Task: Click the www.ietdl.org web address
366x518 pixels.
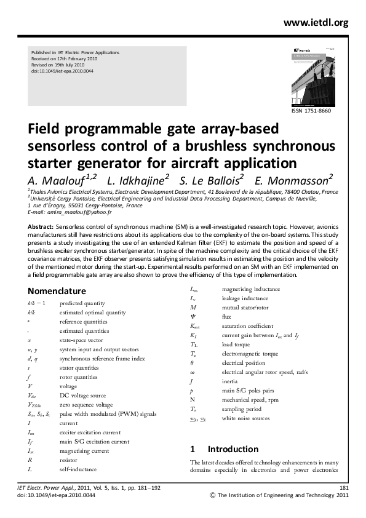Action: coord(316,23)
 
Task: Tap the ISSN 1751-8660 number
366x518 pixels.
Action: coord(311,110)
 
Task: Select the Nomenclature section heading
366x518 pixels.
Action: coord(61,290)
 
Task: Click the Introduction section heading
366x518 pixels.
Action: coord(233,449)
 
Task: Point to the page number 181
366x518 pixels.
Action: coord(344,487)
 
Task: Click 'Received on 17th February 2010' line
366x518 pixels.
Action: coord(66,59)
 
